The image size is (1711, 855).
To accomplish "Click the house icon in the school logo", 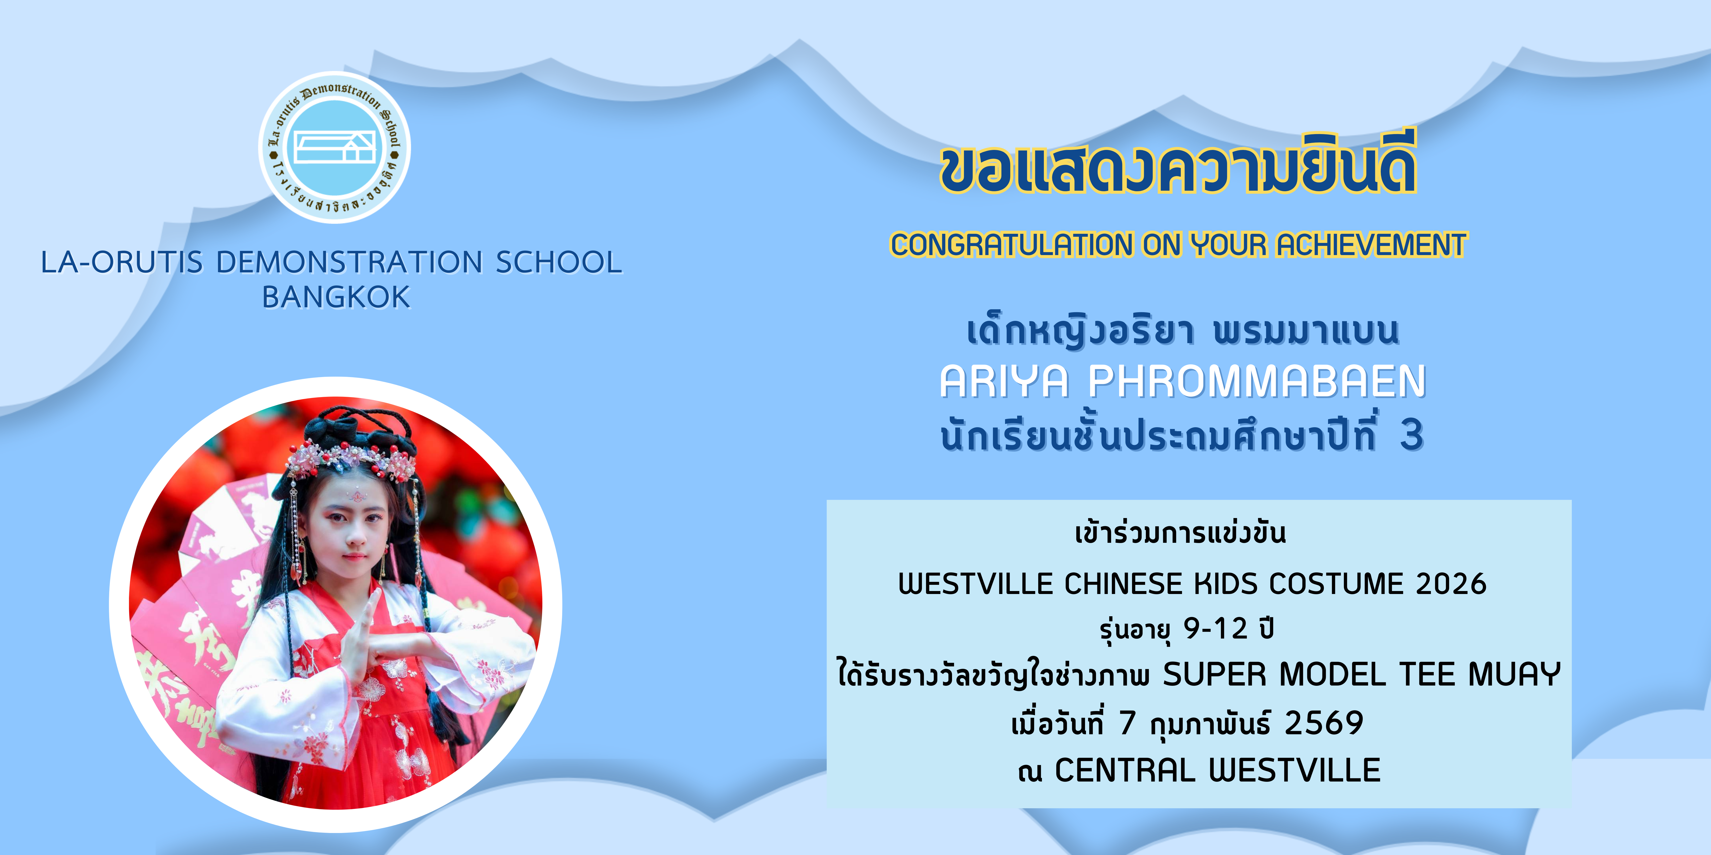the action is click(335, 146).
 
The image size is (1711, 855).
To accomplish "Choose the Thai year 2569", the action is click(1324, 723).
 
